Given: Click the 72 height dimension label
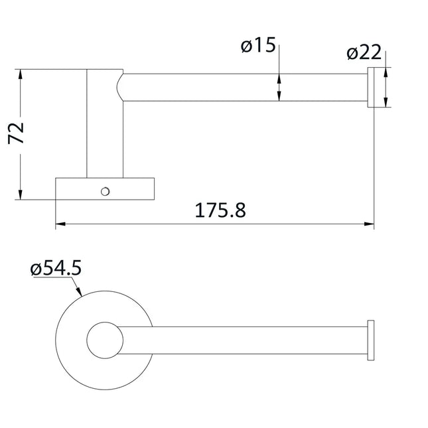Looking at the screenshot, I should (17, 133).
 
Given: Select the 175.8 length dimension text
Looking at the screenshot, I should (220, 211).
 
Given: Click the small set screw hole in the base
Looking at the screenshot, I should (104, 192).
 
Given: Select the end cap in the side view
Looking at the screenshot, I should (374, 87).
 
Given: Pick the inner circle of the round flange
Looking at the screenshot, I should (105, 340).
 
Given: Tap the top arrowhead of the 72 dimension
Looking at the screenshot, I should (21, 72).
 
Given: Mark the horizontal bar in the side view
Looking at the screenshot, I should (246, 87).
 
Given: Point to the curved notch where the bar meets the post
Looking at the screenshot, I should (120, 87).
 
